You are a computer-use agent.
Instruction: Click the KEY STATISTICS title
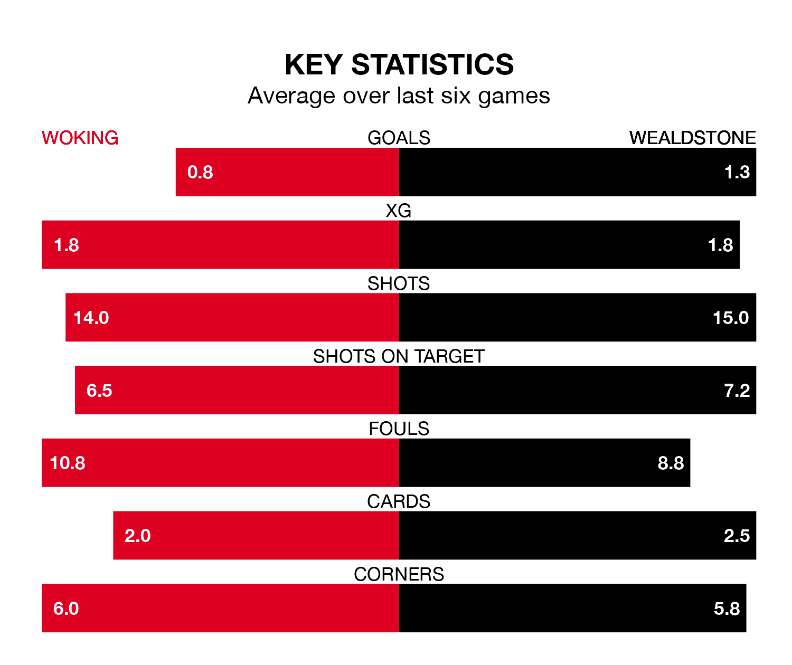pos(399,64)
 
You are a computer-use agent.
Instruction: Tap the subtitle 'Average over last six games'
pos(399,96)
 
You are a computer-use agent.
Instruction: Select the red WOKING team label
pos(80,138)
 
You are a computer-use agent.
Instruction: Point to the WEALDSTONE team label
pos(692,138)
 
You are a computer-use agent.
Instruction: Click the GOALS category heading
pos(399,138)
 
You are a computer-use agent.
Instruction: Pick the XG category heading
pos(399,211)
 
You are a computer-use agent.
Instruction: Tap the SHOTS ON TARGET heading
pos(399,356)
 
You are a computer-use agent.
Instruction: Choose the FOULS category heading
pos(399,429)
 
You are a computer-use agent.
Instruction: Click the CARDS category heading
pos(399,501)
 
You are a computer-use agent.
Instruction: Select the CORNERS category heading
pos(399,574)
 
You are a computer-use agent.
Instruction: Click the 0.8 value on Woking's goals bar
pos(200,172)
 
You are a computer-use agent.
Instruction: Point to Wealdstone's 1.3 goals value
pos(737,172)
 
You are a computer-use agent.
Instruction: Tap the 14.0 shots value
pos(91,318)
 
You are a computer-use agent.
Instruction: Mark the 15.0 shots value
pos(731,318)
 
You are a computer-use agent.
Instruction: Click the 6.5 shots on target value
pos(99,391)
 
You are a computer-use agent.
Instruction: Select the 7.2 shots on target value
pos(737,391)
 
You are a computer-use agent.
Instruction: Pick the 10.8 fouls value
pos(68,463)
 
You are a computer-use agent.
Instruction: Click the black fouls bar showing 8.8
pos(544,463)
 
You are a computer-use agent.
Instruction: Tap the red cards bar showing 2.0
pos(256,536)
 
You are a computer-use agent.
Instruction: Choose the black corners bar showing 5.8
pos(572,609)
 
